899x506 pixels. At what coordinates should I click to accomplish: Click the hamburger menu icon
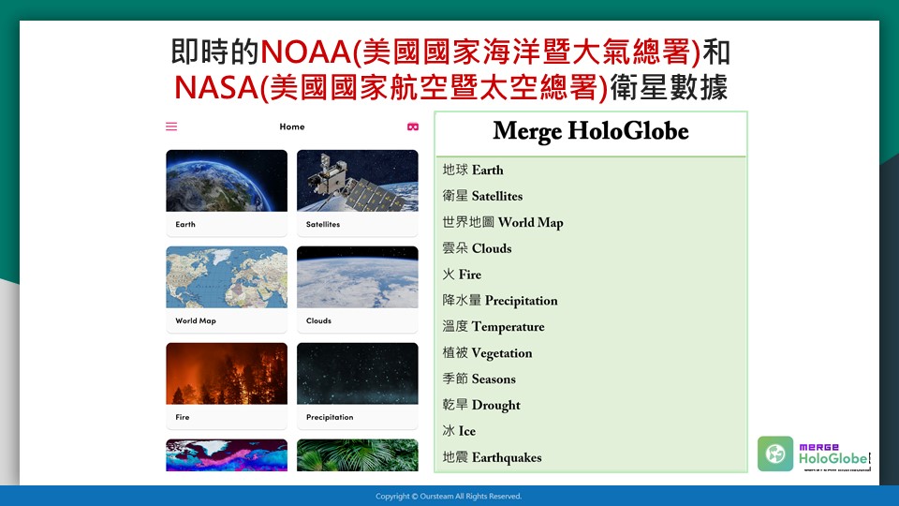tap(171, 126)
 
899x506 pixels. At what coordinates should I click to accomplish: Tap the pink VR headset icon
tap(413, 126)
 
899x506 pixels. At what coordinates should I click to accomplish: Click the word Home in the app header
tap(292, 126)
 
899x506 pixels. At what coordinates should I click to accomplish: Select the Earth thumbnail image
tap(227, 181)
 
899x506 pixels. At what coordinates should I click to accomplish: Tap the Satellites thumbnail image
tap(357, 181)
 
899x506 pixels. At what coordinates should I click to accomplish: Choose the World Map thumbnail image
tap(227, 277)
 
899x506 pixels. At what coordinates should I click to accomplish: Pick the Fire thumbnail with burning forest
tap(227, 374)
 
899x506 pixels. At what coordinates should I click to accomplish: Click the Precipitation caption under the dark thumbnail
tap(330, 417)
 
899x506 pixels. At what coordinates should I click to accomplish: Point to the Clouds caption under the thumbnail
tap(318, 320)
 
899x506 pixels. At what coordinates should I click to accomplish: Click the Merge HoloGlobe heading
tap(591, 131)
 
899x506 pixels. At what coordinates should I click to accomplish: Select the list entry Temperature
tap(494, 326)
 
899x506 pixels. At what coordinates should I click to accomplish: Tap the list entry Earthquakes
tap(492, 457)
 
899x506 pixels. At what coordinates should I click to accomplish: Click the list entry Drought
tap(481, 405)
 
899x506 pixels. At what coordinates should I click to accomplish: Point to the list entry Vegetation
tap(487, 353)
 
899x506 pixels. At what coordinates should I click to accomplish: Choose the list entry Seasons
tap(479, 379)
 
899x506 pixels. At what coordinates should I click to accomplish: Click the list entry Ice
tap(459, 431)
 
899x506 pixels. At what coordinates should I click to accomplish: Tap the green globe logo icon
tap(775, 454)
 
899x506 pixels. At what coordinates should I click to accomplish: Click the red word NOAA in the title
tap(305, 52)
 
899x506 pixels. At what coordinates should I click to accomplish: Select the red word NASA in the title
tap(215, 88)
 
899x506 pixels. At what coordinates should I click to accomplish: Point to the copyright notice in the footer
tap(449, 497)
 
